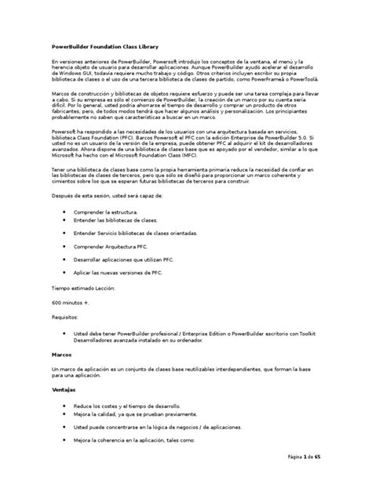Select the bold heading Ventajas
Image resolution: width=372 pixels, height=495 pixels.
pyautogui.click(x=65, y=389)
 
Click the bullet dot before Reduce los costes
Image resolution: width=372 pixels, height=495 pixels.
pyautogui.click(x=64, y=406)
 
